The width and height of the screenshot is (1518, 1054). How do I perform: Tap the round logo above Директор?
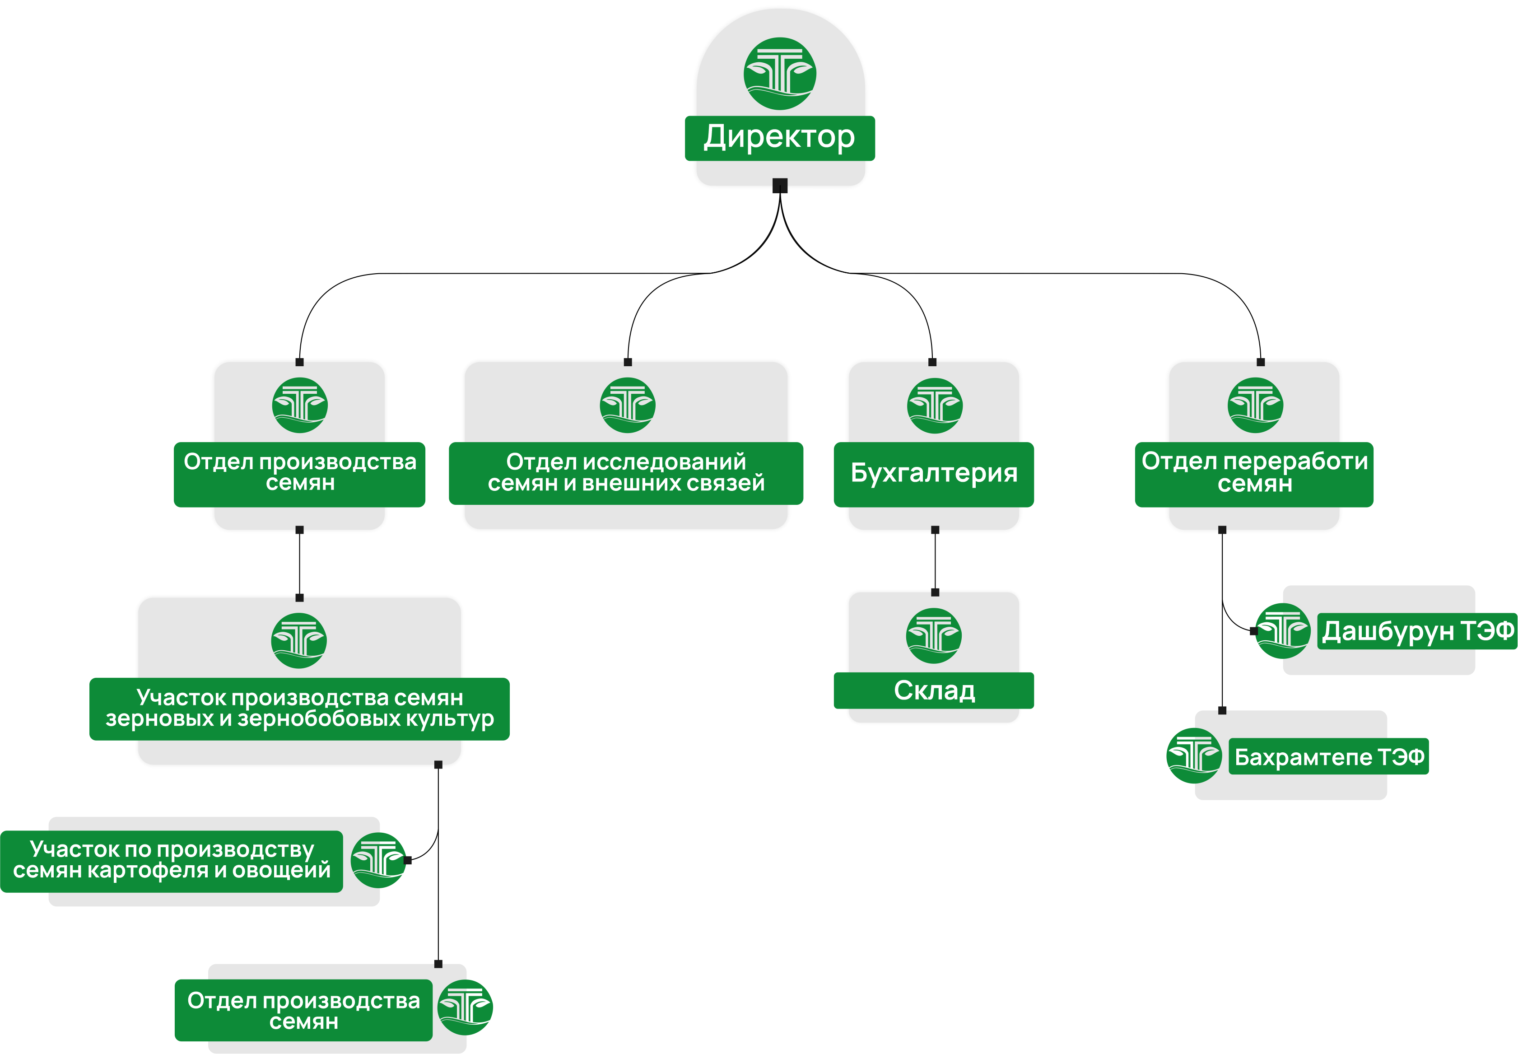coord(780,73)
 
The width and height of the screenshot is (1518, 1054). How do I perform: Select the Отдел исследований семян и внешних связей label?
coord(626,473)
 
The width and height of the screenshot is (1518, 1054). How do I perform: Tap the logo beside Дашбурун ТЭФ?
coord(1281,631)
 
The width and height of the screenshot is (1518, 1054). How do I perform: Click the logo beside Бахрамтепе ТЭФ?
coord(1193,756)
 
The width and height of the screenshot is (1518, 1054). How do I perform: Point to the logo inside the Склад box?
coord(934,635)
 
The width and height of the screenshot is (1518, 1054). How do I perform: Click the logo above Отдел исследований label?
coord(627,405)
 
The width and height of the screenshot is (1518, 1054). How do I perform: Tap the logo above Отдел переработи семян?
coord(1255,405)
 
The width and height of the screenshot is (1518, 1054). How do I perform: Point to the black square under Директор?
coord(780,186)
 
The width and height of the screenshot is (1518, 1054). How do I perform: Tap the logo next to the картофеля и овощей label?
coord(377,860)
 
